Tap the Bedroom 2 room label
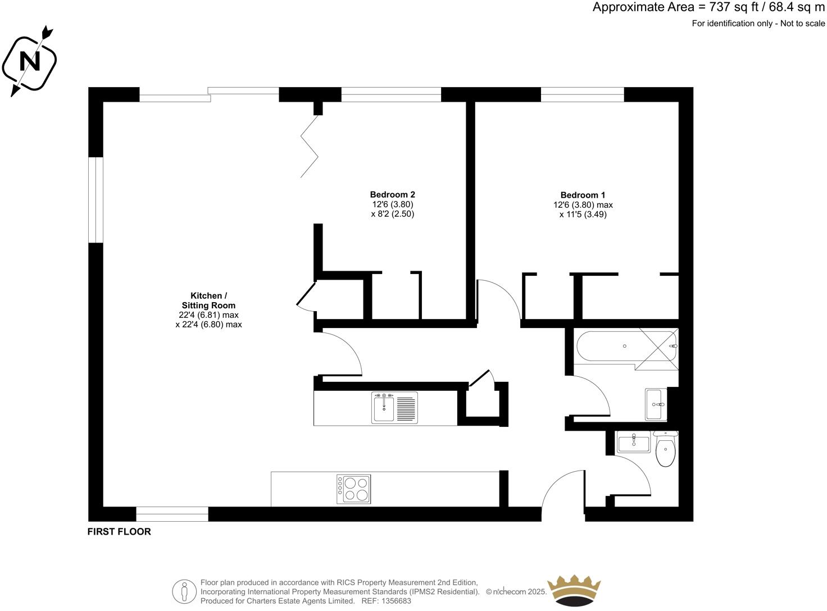pyautogui.click(x=392, y=195)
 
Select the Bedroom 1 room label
pyautogui.click(x=583, y=195)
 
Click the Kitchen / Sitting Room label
pyautogui.click(x=208, y=300)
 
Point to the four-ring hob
pyautogui.click(x=353, y=489)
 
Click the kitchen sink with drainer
pyautogui.click(x=394, y=407)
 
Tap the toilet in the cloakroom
pyautogui.click(x=666, y=449)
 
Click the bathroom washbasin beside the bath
pyautogui.click(x=655, y=404)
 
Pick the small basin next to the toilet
pyautogui.click(x=633, y=443)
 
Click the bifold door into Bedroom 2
pyautogui.click(x=311, y=146)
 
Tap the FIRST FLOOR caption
pyautogui.click(x=119, y=531)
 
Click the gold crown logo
pyautogui.click(x=574, y=591)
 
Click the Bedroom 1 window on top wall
pyautogui.click(x=582, y=94)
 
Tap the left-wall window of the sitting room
pyautogui.click(x=96, y=200)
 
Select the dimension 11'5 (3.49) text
pyautogui.click(x=583, y=214)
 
